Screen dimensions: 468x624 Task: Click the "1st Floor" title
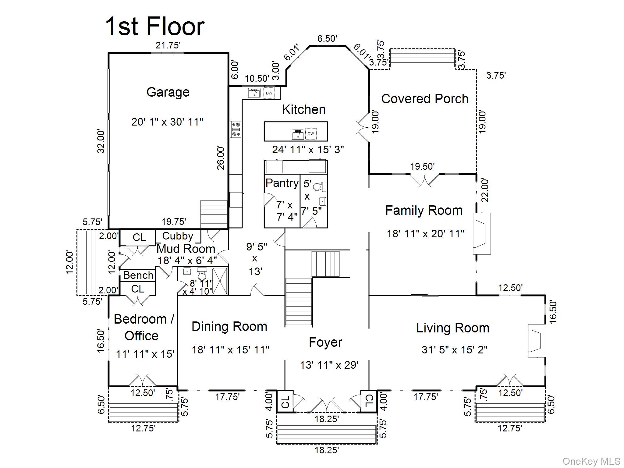click(x=155, y=27)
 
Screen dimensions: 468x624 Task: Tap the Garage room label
click(x=168, y=92)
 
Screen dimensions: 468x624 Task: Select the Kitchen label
click(x=303, y=110)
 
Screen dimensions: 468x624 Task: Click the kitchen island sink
click(x=298, y=134)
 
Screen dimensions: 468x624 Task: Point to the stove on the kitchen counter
click(x=236, y=129)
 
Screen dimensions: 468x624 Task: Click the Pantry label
click(x=282, y=183)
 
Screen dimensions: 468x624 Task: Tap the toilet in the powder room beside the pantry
click(x=319, y=186)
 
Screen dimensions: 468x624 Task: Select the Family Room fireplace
click(x=481, y=233)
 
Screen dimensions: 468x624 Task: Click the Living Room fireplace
click(x=537, y=340)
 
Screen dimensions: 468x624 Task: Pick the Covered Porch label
click(x=425, y=99)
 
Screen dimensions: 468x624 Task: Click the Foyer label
click(x=325, y=342)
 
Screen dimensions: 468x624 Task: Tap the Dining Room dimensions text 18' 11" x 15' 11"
click(x=230, y=349)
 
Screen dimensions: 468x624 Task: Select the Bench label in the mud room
click(x=138, y=275)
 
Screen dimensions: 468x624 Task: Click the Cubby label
click(x=178, y=236)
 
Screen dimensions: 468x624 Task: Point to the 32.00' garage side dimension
click(x=101, y=141)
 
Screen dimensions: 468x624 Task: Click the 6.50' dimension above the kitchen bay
click(x=327, y=39)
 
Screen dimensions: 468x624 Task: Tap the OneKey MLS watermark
click(x=591, y=461)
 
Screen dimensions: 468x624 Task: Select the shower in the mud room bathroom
click(x=220, y=281)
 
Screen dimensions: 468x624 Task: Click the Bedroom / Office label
click(x=143, y=327)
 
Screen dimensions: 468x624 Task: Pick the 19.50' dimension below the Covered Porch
click(x=422, y=167)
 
